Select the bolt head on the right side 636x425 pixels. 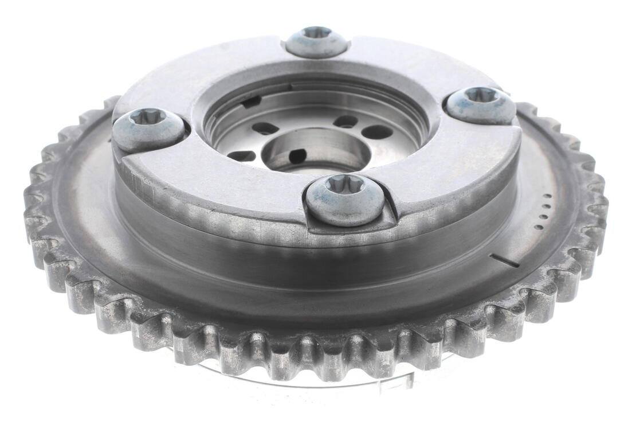point(481,104)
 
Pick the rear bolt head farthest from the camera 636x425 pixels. point(316,41)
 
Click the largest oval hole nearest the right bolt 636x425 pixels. point(377,131)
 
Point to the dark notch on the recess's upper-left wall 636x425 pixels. point(250,103)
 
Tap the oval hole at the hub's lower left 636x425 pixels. point(241,155)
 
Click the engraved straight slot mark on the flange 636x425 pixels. point(505,260)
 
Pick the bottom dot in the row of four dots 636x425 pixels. point(539,227)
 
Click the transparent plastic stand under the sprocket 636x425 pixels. point(321,379)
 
